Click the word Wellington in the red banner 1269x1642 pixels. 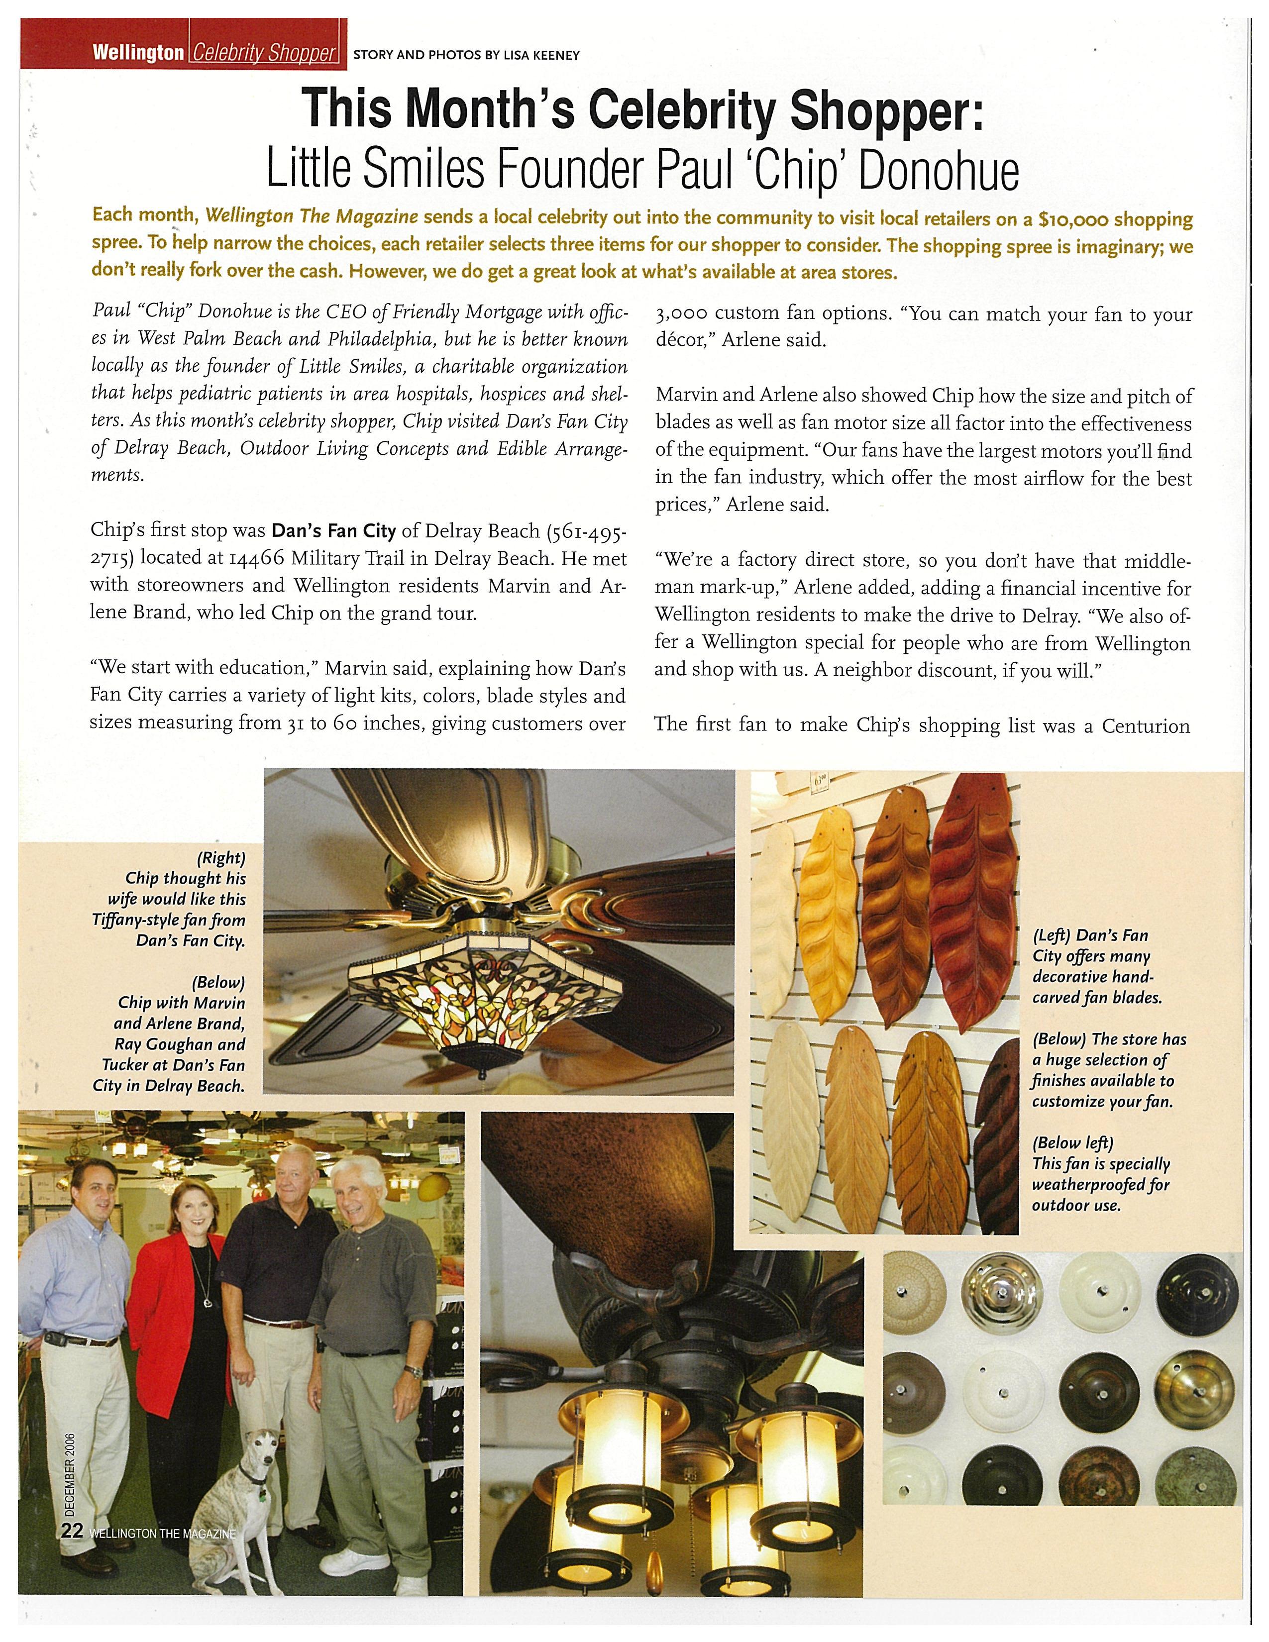pos(137,53)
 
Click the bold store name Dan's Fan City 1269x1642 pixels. pos(333,531)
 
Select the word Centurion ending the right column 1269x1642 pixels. pos(1146,725)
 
